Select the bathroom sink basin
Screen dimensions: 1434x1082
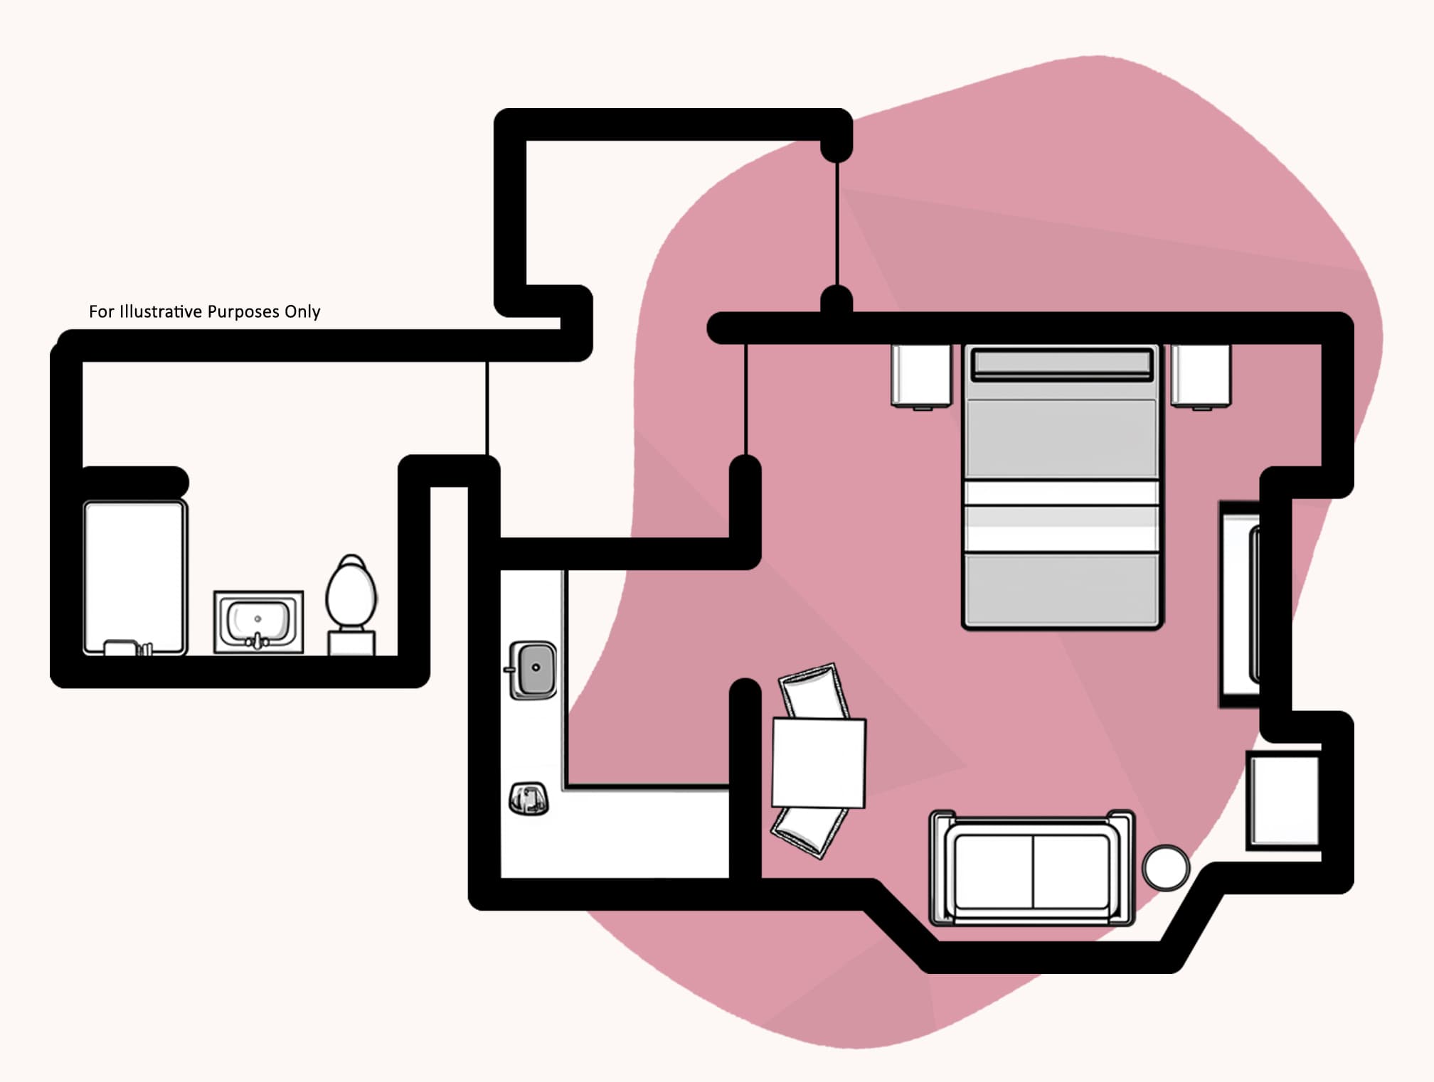[257, 620]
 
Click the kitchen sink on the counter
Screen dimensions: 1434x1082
[533, 669]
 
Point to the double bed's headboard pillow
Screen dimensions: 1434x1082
[1062, 363]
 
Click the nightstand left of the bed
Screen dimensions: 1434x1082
[920, 375]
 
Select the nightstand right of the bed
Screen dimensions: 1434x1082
[1201, 375]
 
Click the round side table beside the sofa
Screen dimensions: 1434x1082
[1165, 867]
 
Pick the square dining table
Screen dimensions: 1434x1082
[819, 763]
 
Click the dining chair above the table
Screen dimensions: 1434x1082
[814, 691]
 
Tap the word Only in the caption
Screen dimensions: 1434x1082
[302, 311]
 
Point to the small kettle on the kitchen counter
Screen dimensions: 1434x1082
[528, 798]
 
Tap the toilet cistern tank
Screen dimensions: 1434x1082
[351, 643]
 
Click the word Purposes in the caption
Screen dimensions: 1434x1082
[242, 311]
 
